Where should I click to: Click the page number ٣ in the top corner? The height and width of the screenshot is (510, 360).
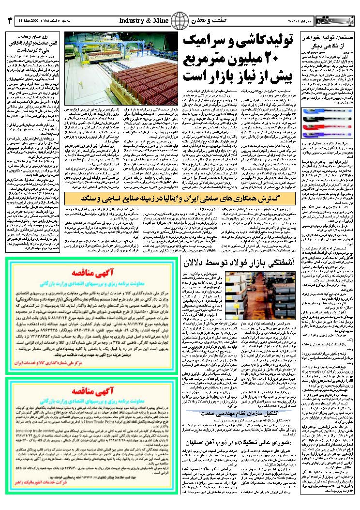[11, 21]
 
